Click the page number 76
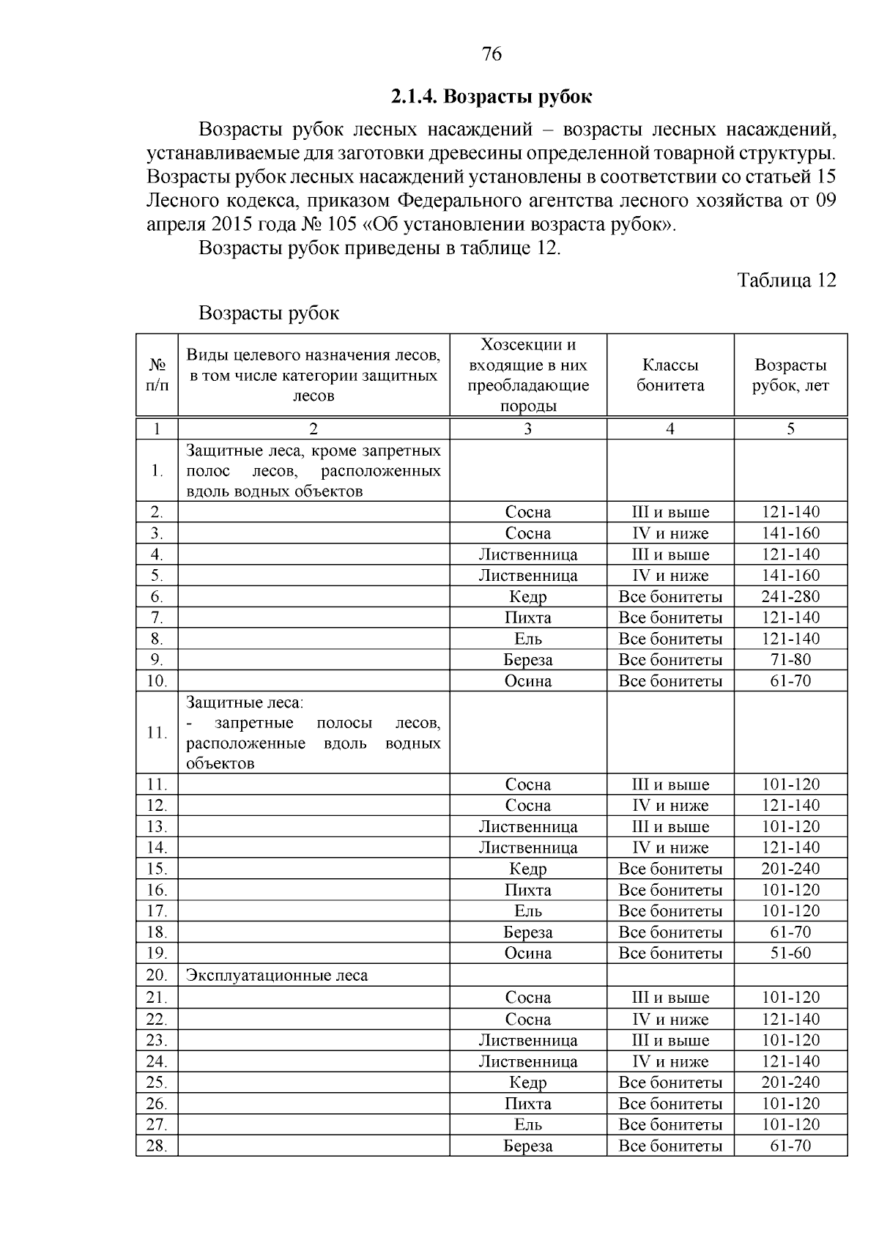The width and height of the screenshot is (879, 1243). point(492,54)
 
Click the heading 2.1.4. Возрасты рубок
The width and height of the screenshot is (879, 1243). point(491,97)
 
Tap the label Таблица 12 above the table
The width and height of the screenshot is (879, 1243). point(786,281)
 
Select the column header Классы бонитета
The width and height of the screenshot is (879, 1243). point(670,375)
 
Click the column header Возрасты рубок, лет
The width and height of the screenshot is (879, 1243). point(790,375)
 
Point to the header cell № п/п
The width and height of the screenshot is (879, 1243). point(157,375)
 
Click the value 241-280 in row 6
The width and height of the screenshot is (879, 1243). point(790,596)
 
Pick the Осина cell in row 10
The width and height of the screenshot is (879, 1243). point(527,681)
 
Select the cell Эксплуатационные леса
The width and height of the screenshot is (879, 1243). point(277,976)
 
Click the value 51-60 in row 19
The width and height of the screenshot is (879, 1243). point(790,953)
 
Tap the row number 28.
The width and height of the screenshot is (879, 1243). point(157,1146)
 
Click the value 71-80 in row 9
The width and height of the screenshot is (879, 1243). point(790,660)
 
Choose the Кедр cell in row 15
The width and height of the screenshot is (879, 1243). point(527,869)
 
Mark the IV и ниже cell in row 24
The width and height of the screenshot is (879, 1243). point(670,1061)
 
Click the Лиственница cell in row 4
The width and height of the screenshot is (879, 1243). point(527,554)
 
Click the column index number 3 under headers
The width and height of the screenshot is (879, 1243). point(527,429)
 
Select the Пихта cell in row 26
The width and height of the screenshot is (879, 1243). point(527,1104)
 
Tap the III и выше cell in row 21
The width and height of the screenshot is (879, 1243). point(670,998)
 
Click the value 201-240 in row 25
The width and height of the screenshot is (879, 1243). point(790,1083)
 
